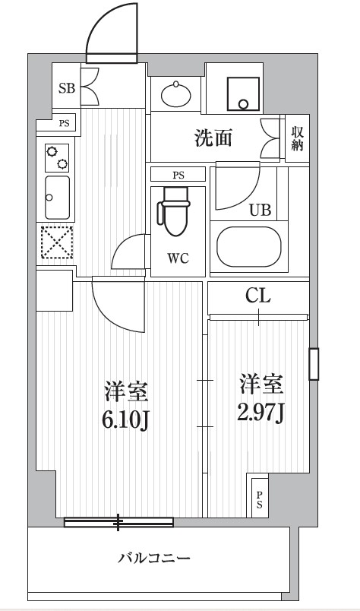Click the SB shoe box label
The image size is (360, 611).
tap(66, 87)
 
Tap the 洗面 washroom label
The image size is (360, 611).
tap(213, 138)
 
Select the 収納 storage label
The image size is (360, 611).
tap(295, 138)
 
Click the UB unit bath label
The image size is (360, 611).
tap(260, 211)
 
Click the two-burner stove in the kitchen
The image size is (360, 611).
tap(57, 157)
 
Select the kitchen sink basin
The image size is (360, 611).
tap(57, 197)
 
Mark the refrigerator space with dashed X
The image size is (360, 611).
tap(55, 244)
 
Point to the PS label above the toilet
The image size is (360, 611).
tap(178, 175)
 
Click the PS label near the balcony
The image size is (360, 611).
tap(259, 499)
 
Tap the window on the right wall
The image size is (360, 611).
tap(313, 363)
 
